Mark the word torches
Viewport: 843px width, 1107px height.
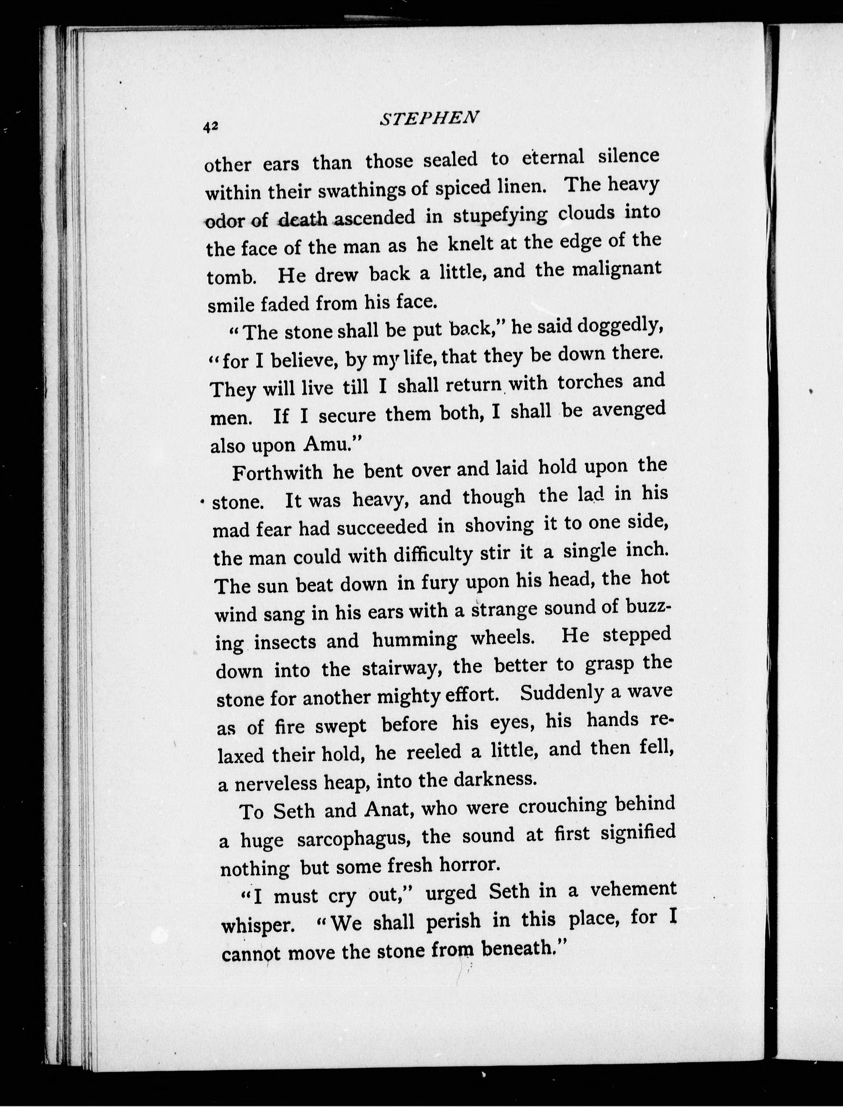[590, 383]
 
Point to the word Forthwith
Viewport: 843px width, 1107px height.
[277, 473]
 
